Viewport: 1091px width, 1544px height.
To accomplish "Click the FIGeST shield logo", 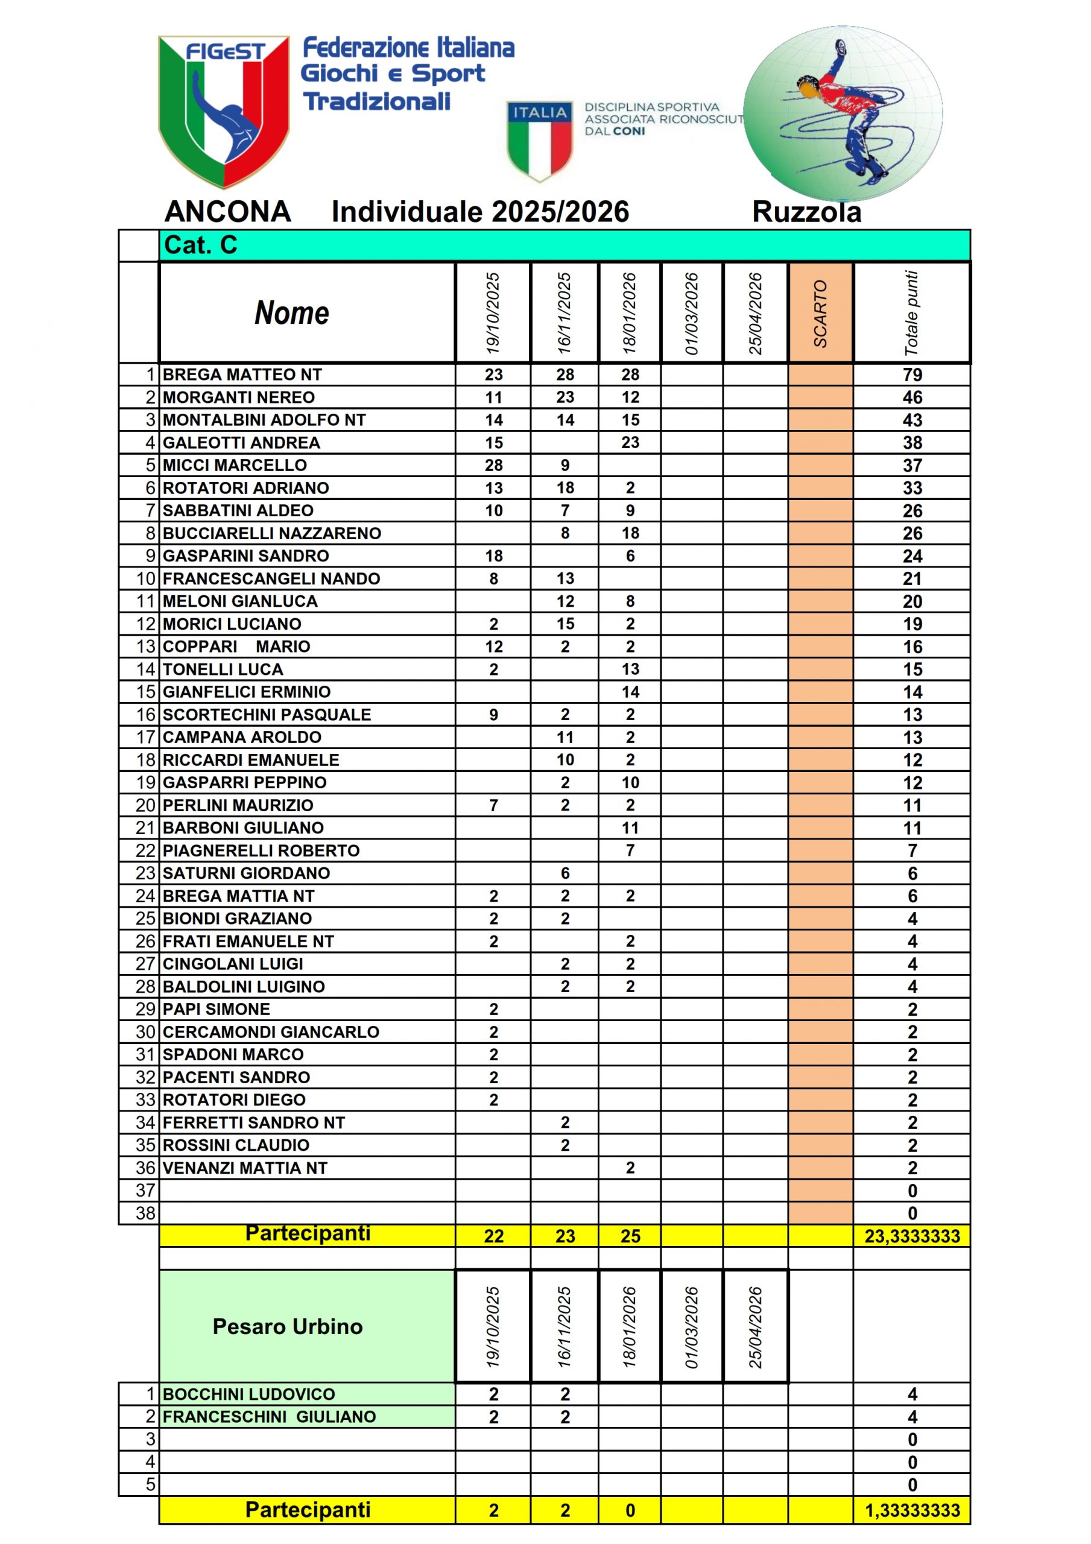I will (223, 111).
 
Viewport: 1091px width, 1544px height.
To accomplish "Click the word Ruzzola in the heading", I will (806, 212).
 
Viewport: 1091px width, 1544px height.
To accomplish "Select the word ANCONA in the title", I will (227, 212).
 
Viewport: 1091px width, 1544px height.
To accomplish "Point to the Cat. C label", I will (200, 245).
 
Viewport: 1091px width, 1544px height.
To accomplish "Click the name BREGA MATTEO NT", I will (242, 375).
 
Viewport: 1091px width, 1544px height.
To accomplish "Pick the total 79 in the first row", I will (912, 375).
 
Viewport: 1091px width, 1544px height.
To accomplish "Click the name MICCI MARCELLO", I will (235, 466).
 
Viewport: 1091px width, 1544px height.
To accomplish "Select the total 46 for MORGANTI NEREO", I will (912, 397).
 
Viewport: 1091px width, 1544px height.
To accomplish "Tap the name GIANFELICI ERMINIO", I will (247, 692).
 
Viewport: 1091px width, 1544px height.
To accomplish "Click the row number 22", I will (145, 850).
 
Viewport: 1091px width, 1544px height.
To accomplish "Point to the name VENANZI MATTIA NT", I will (245, 1168).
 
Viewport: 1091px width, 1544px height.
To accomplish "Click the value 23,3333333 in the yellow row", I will (912, 1236).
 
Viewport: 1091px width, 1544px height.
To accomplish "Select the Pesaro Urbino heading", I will (288, 1326).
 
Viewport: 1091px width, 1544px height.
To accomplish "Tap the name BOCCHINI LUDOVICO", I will (249, 1394).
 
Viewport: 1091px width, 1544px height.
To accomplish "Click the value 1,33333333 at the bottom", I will (912, 1510).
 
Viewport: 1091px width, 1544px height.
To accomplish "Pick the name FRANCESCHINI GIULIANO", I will (269, 1417).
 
